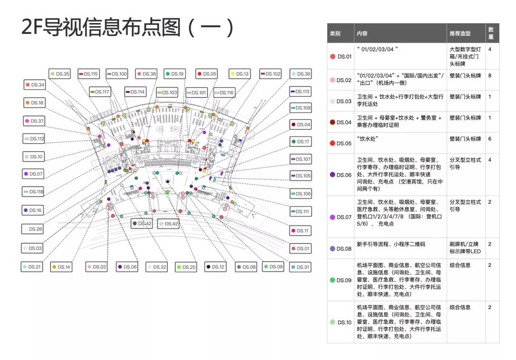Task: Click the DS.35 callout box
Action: pos(60,74)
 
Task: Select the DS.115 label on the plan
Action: pos(88,74)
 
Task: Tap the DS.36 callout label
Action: pos(301,74)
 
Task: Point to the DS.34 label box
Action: pos(35,85)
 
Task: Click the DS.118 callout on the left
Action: pos(33,192)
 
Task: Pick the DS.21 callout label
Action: pos(32,267)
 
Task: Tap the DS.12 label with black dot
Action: pos(215,267)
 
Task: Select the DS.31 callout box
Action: pos(301,267)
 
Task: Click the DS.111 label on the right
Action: pos(301,211)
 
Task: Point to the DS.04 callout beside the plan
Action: pos(301,125)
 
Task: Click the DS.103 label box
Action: pos(167,92)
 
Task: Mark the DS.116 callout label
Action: pos(224,93)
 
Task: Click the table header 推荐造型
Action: pos(460,33)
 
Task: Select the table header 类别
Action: pos(335,33)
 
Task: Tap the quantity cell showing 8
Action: pos(490,76)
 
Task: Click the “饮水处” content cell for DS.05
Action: pos(365,139)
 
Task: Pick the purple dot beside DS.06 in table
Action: pos(333,175)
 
